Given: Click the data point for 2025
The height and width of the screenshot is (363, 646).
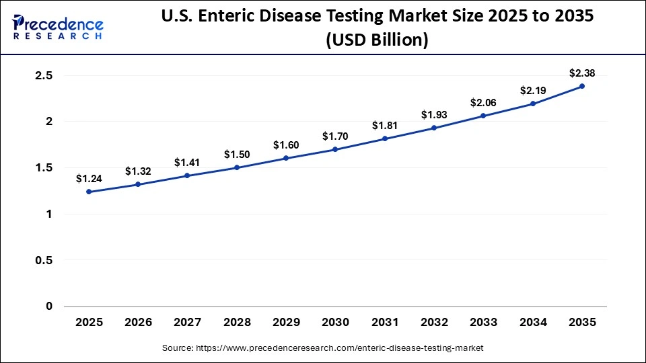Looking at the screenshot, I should (89, 192).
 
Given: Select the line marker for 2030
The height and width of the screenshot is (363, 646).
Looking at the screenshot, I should (335, 149).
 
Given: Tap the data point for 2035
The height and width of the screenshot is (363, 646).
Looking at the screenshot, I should (582, 86).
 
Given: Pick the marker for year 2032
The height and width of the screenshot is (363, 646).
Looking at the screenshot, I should (434, 128).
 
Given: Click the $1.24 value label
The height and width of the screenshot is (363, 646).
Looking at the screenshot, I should (89, 178).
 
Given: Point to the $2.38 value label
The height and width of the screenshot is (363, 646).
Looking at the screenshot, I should (582, 73).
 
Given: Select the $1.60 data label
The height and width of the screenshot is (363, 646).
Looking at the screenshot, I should (286, 145).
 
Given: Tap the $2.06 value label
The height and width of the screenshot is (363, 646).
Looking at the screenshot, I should (483, 103).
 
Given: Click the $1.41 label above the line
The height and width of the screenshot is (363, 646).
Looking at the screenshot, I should (187, 162).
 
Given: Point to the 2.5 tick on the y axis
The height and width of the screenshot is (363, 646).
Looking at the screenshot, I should (44, 75).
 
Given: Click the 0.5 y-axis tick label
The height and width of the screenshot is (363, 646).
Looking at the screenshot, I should (44, 260).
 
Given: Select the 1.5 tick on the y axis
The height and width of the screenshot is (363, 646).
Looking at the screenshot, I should (44, 168).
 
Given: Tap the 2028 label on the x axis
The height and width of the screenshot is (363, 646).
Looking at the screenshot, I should (237, 323).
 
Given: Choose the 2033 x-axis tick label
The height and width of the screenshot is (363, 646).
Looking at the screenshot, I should (483, 323).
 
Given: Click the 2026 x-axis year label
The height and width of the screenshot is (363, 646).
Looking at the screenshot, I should (138, 323).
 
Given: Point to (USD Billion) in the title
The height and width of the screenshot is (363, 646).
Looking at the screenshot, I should (377, 40).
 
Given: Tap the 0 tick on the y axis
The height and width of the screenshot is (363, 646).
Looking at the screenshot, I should (48, 307).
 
